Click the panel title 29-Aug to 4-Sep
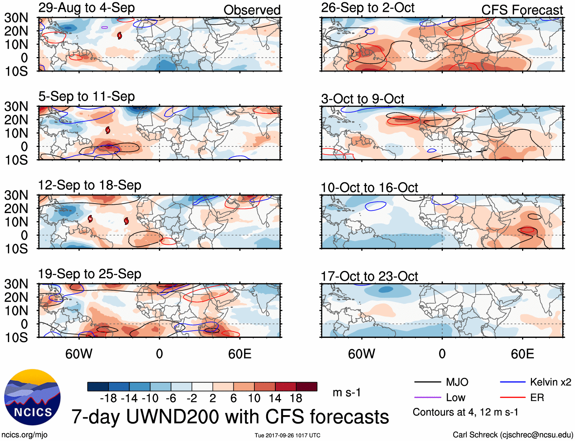[86, 8]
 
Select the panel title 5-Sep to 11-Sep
[86, 97]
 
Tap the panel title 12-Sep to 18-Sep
[89, 185]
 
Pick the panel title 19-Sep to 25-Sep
[89, 274]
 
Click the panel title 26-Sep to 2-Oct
[367, 8]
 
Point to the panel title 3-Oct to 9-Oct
[362, 99]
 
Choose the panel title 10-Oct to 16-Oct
[369, 188]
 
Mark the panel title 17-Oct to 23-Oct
[369, 276]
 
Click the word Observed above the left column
[252, 10]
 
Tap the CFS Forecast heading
[522, 10]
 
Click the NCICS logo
[32, 397]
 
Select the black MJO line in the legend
[427, 382]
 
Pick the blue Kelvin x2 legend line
[513, 382]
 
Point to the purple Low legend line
[427, 398]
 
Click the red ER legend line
[513, 398]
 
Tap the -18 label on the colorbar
[109, 398]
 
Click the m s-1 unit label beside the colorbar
[347, 393]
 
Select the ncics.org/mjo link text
[24, 435]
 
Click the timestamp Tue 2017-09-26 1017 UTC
[287, 435]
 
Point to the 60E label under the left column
[240, 354]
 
